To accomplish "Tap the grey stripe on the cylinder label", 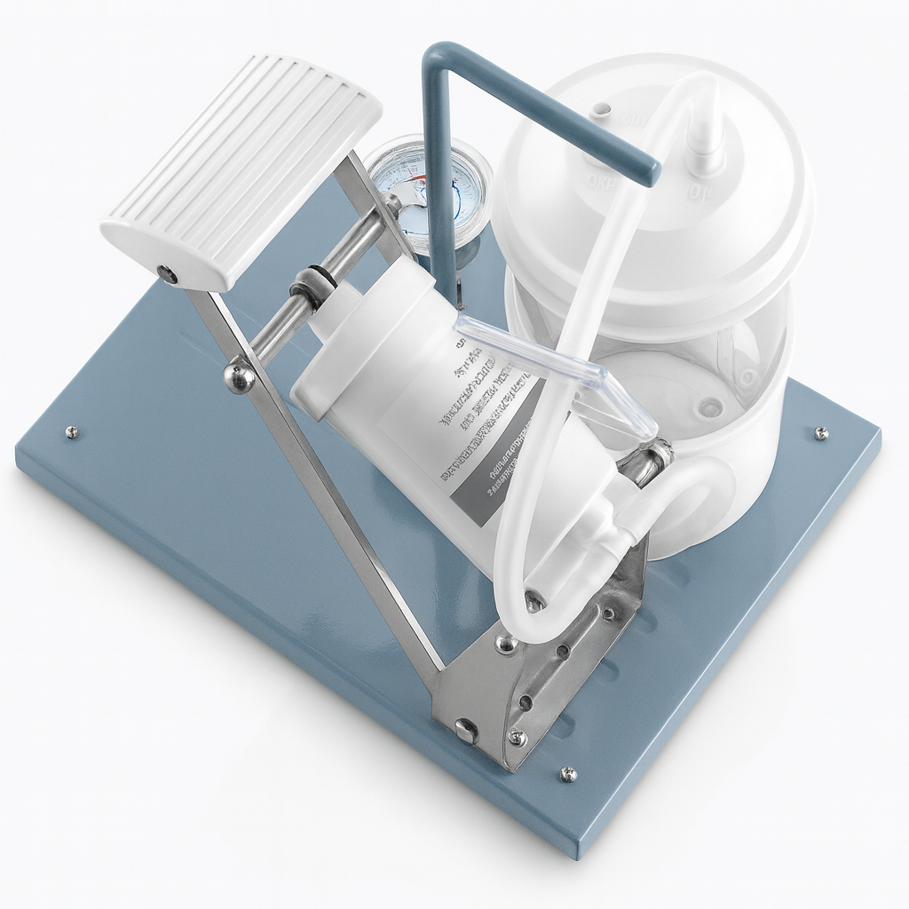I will tap(497, 484).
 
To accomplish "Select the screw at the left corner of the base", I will tap(72, 432).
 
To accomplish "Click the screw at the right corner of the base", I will tap(822, 433).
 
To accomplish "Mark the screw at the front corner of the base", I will tap(568, 774).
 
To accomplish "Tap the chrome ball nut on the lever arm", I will tap(239, 376).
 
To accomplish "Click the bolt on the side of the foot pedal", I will tap(166, 275).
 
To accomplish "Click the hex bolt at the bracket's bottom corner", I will tap(466, 731).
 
